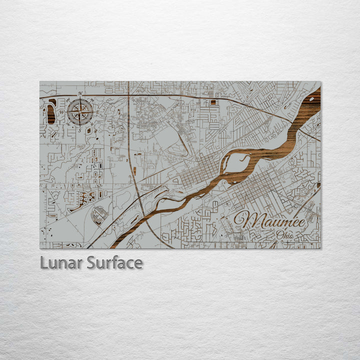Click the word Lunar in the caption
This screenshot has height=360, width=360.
[61, 262]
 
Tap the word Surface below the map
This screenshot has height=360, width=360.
[114, 262]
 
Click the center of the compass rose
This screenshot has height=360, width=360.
[80, 111]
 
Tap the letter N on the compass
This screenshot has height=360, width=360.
[80, 93]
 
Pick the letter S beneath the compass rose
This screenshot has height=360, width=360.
[79, 129]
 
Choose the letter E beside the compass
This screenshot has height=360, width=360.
[97, 112]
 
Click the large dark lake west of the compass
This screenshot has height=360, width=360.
[51, 112]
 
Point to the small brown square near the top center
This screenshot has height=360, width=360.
[213, 102]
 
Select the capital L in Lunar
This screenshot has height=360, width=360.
[44, 262]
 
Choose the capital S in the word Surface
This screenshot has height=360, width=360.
[92, 262]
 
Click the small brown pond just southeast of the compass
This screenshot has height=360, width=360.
[89, 130]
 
